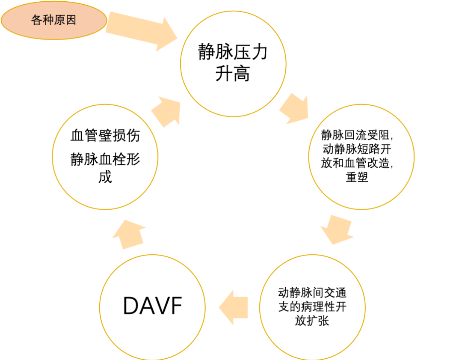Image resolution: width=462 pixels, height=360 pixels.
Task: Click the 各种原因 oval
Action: coord(53,21)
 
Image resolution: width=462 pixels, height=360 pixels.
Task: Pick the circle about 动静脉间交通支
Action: coord(313,306)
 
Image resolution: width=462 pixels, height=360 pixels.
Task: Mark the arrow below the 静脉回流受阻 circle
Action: coord(337,229)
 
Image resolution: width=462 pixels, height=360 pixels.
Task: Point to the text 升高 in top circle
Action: coord(233,74)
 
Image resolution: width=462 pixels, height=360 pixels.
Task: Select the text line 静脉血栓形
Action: coord(105,161)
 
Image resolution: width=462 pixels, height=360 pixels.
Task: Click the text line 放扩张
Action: coord(312,321)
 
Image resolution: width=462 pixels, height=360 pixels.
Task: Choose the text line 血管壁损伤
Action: coord(105,137)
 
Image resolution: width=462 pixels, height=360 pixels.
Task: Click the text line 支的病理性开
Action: coord(312,307)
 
